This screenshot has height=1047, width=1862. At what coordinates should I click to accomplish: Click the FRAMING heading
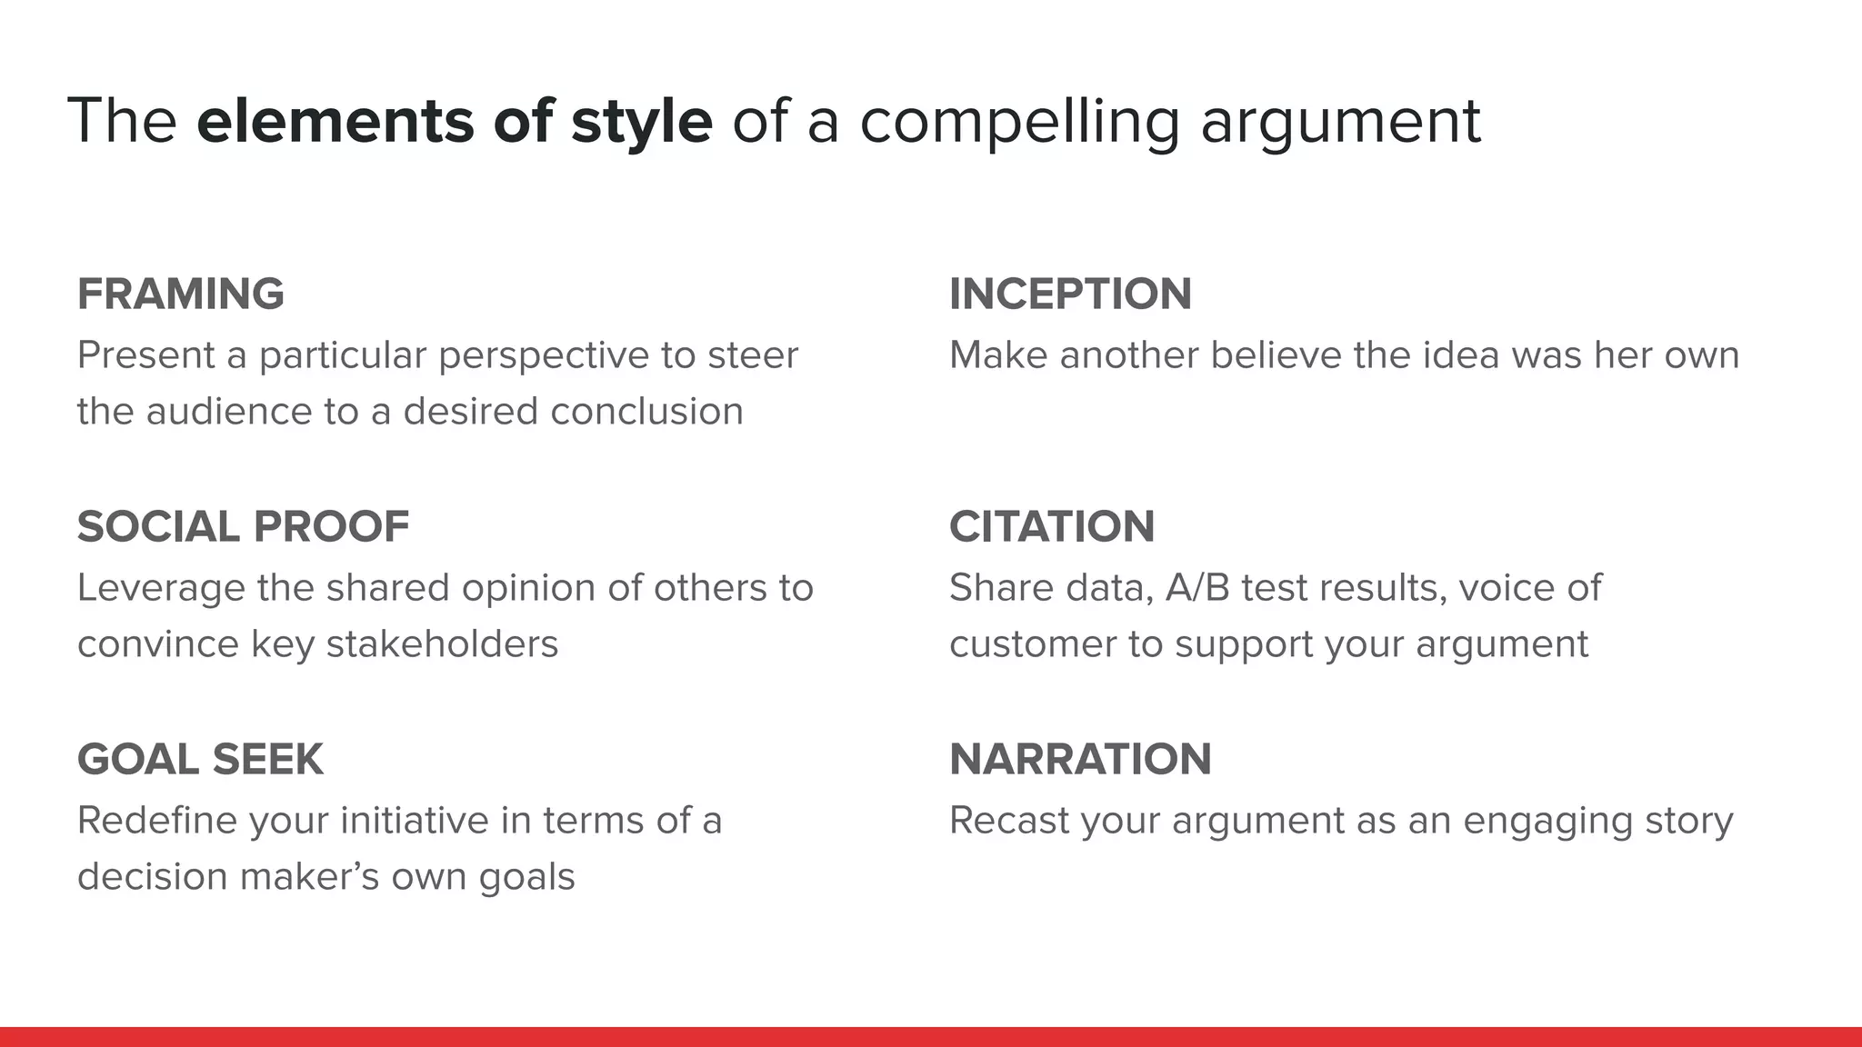(x=180, y=294)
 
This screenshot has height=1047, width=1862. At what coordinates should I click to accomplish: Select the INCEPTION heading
(x=1070, y=294)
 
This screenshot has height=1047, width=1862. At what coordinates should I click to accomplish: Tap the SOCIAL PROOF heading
(x=243, y=527)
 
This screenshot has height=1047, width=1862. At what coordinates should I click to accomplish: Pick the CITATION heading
(x=1052, y=527)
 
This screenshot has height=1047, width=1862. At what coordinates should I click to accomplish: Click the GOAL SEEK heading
(x=200, y=760)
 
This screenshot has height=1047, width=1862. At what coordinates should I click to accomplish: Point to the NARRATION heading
(x=1080, y=760)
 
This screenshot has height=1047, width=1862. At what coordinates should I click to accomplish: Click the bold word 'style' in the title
(x=641, y=122)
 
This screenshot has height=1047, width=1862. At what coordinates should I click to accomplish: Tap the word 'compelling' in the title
(x=1019, y=122)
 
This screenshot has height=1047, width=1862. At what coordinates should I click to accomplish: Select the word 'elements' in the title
(x=335, y=122)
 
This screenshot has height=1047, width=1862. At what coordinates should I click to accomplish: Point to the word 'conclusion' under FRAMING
(x=646, y=412)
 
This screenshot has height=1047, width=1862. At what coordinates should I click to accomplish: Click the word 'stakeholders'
(x=442, y=644)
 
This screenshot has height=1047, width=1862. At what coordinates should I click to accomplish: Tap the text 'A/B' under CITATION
(x=1196, y=588)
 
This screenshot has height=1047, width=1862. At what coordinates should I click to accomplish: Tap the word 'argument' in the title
(x=1340, y=122)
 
